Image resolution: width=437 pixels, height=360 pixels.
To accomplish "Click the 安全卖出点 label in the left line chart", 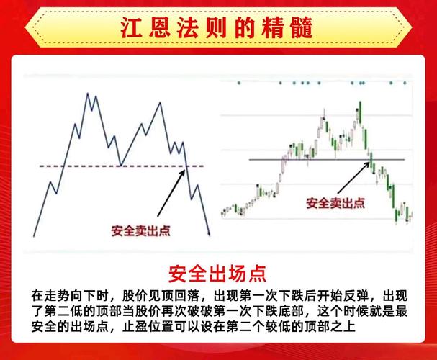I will tap(140, 230).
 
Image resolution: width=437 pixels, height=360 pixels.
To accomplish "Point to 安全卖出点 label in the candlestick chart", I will tap(335, 202).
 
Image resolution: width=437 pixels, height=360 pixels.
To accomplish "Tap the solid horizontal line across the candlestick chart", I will tap(288, 159).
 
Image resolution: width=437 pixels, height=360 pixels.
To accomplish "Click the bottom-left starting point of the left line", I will tap(35, 236).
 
